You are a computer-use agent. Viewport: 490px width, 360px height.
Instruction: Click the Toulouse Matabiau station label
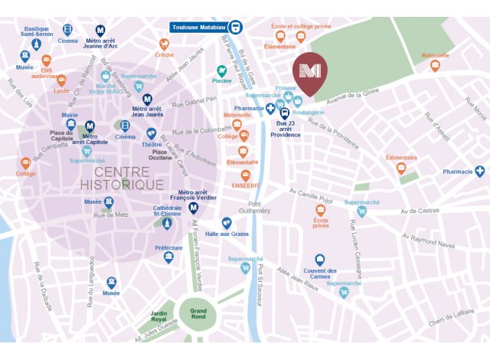[x=199, y=28]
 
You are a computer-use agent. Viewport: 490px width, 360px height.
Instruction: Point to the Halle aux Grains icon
[x=226, y=222]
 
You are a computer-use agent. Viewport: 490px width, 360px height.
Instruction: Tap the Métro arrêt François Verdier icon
[x=194, y=208]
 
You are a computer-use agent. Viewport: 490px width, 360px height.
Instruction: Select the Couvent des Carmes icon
[x=320, y=260]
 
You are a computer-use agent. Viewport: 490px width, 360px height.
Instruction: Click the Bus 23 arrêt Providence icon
[x=284, y=113]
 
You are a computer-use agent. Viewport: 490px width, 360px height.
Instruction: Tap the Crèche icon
[x=164, y=43]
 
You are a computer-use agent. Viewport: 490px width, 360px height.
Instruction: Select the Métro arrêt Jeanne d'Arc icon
[x=100, y=30]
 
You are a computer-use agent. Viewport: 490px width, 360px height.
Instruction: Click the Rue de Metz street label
[x=109, y=214]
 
